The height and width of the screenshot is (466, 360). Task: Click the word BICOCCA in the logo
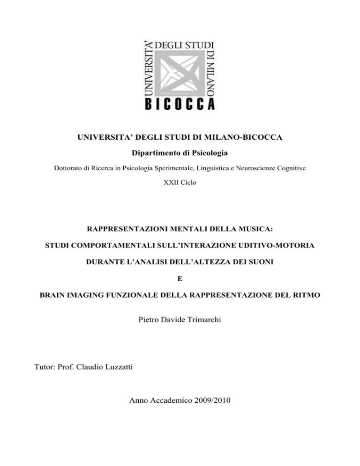[180, 103]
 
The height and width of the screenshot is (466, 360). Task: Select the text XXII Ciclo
[180, 180]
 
